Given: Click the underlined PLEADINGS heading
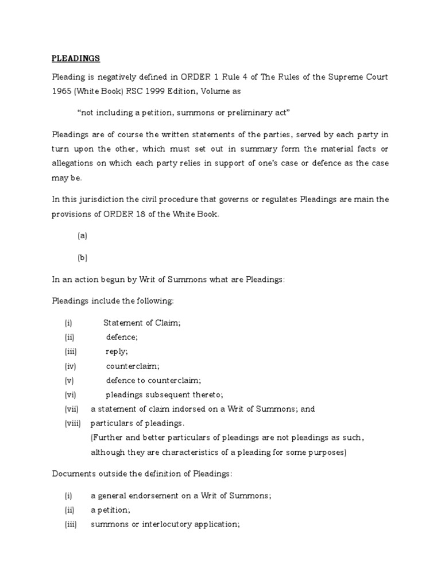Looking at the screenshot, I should [x=76, y=59].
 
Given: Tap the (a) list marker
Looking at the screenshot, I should [x=82, y=235].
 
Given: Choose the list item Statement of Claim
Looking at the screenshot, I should [x=142, y=323].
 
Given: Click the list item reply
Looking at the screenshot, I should [x=117, y=351].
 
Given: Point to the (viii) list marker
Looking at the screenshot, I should [x=73, y=423].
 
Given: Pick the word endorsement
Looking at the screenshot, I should [x=154, y=496].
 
